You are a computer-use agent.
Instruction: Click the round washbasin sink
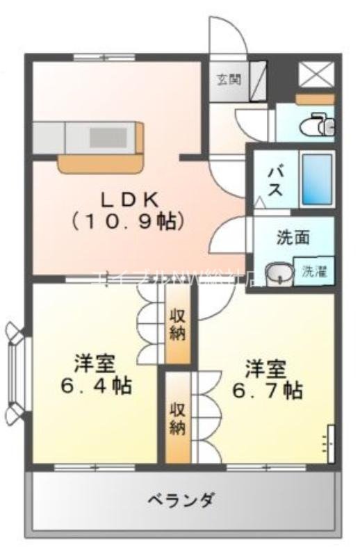tap(279, 272)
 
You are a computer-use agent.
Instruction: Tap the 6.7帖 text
tap(266, 391)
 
